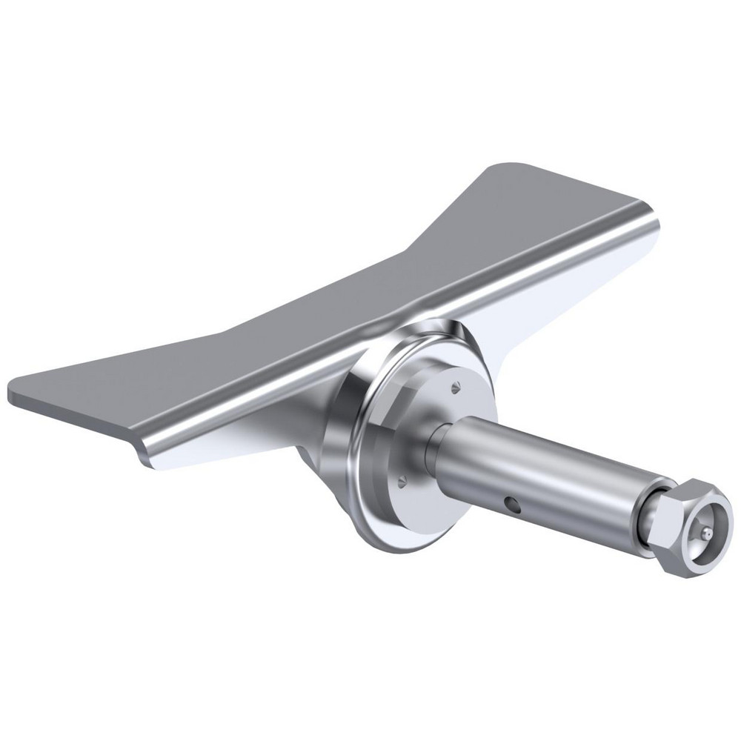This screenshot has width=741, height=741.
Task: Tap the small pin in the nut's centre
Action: pos(708,534)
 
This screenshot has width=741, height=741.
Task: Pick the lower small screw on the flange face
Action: pos(402,481)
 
